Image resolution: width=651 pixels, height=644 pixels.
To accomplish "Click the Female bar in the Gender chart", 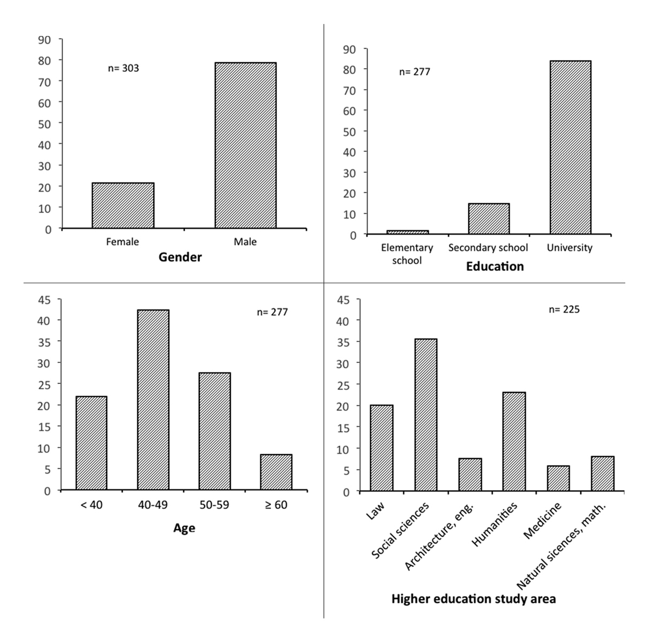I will [x=123, y=205].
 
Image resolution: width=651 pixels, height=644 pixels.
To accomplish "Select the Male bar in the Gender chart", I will [x=245, y=145].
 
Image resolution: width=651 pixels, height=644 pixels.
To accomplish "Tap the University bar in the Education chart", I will [x=570, y=147].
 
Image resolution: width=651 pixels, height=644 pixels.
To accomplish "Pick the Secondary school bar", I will [x=489, y=219].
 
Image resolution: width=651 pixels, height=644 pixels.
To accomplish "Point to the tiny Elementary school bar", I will [x=407, y=232].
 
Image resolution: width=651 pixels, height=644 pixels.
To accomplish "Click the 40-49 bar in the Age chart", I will [x=153, y=399].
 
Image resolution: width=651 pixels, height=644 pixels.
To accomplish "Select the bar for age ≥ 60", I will [x=276, y=472].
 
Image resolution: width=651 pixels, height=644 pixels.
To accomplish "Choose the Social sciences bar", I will [x=426, y=414].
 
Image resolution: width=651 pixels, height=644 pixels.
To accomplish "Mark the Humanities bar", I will [x=514, y=441].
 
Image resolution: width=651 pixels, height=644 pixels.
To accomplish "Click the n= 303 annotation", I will [x=124, y=68].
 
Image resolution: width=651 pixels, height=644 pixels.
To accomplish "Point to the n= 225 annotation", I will [x=565, y=309].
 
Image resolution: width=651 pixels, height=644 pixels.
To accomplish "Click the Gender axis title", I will [x=180, y=257].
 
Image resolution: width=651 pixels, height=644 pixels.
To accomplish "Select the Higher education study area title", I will [x=474, y=599].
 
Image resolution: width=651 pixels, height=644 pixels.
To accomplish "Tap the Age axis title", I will [x=184, y=528].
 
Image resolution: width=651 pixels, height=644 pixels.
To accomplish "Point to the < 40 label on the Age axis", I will [x=92, y=505].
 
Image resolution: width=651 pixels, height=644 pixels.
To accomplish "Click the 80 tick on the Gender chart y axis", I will [x=44, y=60].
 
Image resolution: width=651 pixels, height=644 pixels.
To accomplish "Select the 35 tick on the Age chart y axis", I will [x=44, y=342].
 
